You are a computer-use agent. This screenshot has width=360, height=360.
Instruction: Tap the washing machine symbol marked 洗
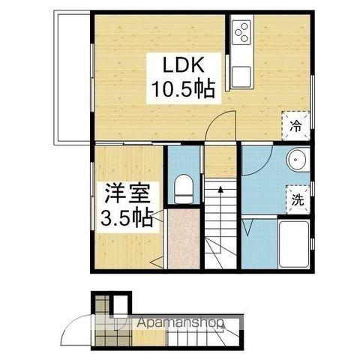coord(297,200)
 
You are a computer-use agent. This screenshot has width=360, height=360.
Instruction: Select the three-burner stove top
coord(243,31)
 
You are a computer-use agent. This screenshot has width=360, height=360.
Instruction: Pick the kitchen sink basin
coord(241,75)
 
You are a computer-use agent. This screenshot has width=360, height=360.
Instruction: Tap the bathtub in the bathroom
coord(293,244)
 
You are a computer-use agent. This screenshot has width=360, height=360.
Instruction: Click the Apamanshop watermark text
coord(180,325)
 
